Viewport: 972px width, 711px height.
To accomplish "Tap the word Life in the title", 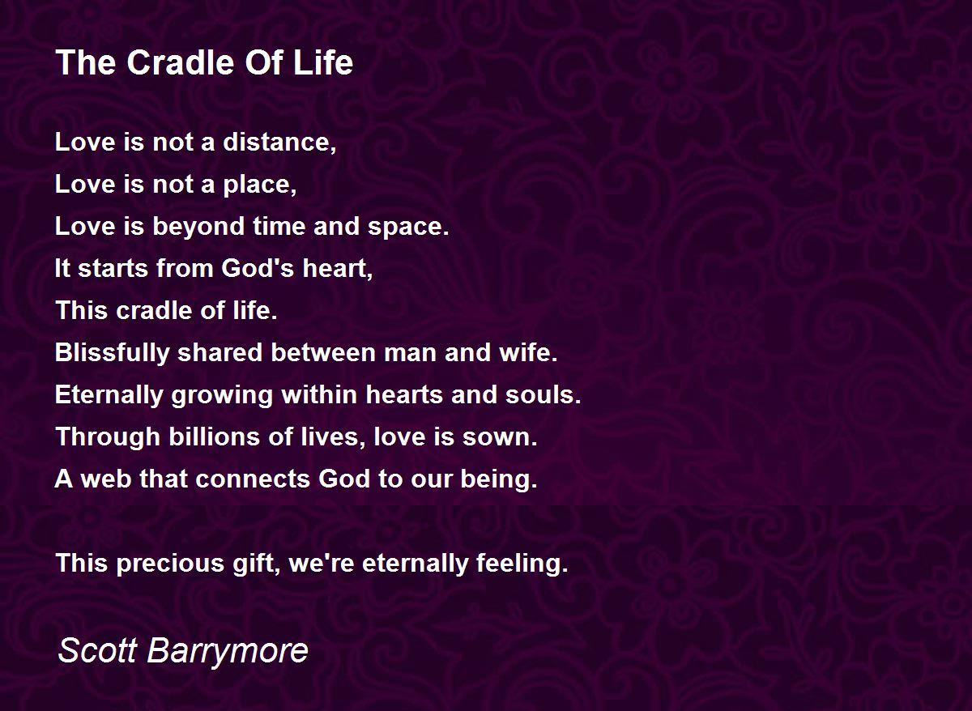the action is pyautogui.click(x=323, y=62).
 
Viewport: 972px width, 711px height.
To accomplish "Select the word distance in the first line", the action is pyautogui.click(x=279, y=142).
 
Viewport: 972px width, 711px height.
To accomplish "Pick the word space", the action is pyautogui.click(x=408, y=228).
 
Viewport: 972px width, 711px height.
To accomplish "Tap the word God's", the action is pyautogui.click(x=258, y=268).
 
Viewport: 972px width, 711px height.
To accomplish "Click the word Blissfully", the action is pyautogui.click(x=112, y=354).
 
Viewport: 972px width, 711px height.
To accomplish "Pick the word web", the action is pyautogui.click(x=106, y=479).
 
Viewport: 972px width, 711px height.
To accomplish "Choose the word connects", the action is pyautogui.click(x=253, y=479).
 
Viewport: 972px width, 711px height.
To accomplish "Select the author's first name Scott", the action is pyautogui.click(x=97, y=650).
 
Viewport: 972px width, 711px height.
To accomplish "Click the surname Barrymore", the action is pyautogui.click(x=228, y=652).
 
